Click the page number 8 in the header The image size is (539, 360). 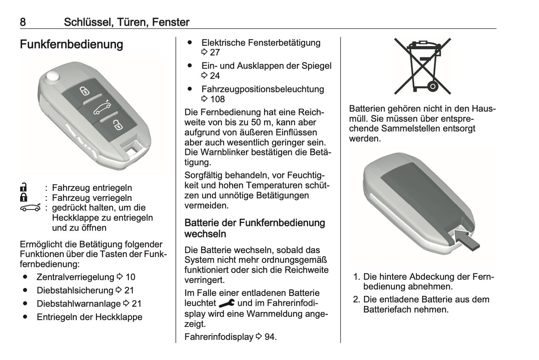(x=23, y=22)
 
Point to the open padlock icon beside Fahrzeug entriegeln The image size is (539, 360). (x=23, y=187)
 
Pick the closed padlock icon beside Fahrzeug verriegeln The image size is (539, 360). (x=23, y=198)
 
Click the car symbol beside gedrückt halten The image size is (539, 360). (x=30, y=208)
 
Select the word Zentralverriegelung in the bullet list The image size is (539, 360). (x=75, y=277)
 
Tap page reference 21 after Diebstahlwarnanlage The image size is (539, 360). (x=137, y=304)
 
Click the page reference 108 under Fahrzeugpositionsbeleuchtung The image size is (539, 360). (x=217, y=99)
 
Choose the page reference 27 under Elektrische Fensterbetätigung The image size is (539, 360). (x=214, y=53)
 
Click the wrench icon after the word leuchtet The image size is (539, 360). (x=226, y=303)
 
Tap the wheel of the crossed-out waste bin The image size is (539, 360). (x=433, y=86)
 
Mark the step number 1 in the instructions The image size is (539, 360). (x=356, y=277)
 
